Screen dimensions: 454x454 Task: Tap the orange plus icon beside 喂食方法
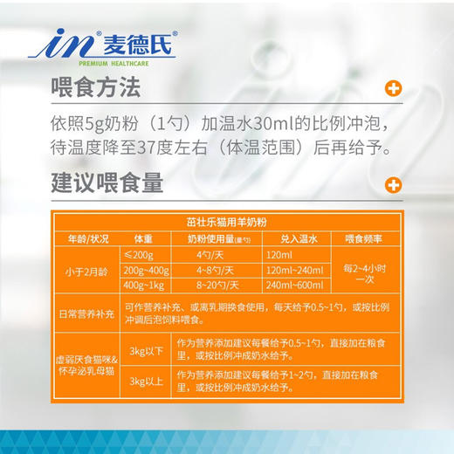pyautogui.click(x=394, y=88)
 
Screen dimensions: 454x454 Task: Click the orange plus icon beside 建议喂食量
pyautogui.click(x=394, y=184)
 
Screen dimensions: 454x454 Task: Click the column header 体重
pyautogui.click(x=143, y=238)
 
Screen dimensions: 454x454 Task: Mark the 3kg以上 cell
pyautogui.click(x=143, y=381)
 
